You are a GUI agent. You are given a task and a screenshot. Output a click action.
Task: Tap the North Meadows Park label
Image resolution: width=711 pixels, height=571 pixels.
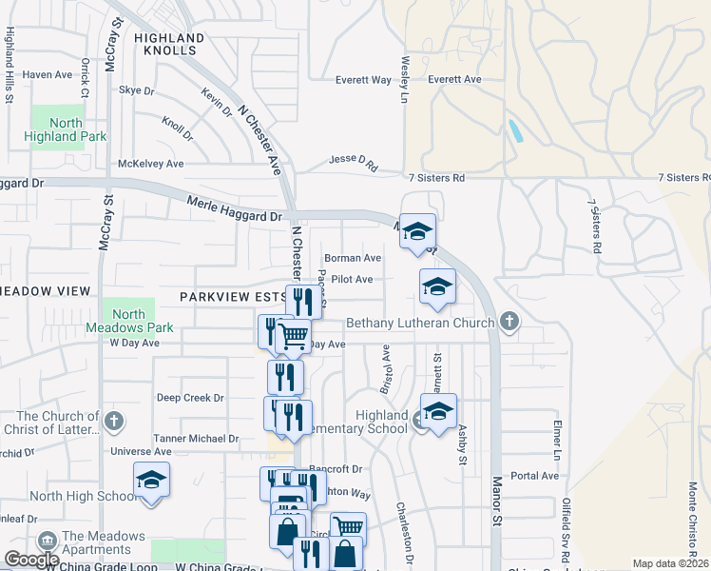128,321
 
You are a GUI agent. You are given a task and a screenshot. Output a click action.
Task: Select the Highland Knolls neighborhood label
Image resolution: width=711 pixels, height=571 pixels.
169,44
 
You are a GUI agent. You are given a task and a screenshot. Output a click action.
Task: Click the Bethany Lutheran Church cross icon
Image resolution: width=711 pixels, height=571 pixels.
509,322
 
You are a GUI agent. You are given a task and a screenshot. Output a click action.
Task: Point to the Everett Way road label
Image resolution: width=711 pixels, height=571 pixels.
363,81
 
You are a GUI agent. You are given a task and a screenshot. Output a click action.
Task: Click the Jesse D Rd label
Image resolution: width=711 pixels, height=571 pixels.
353,163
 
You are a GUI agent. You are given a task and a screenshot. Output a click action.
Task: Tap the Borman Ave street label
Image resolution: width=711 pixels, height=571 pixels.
353,258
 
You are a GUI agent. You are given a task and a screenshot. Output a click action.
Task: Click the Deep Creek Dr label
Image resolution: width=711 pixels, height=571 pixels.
190,398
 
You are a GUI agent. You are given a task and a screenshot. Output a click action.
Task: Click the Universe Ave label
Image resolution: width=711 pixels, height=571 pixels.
141,451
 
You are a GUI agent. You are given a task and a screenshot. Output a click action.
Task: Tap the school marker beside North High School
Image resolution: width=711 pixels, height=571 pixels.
151,481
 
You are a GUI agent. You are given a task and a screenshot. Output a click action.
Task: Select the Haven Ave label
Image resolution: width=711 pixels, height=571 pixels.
48,74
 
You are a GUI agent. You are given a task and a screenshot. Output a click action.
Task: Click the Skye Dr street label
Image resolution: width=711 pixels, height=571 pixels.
136,90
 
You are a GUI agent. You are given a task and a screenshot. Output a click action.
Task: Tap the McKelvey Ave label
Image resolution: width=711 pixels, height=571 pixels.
150,164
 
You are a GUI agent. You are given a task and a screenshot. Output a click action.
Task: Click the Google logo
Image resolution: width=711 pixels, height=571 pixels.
31,561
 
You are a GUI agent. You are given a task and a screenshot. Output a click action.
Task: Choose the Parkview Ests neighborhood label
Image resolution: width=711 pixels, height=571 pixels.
233,297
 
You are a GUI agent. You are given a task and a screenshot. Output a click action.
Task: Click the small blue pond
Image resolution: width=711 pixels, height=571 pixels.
514,131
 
